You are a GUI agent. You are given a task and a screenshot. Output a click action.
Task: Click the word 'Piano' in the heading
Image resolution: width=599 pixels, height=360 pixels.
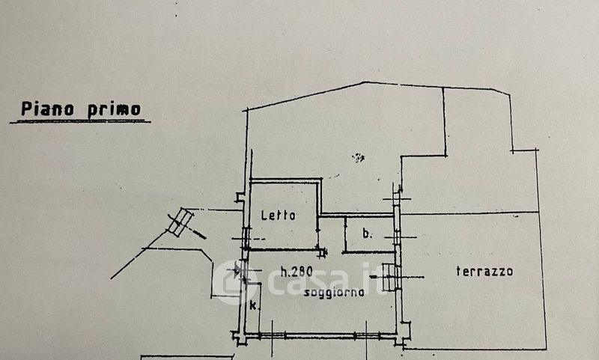(x=46, y=109)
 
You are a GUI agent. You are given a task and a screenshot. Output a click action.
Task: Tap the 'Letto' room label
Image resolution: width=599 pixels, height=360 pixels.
(x=279, y=216)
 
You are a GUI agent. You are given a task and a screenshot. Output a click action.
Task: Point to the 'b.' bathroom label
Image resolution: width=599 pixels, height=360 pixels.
(x=367, y=234)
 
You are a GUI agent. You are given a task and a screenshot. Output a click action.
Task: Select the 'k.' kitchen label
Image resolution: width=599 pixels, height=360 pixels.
(x=254, y=305)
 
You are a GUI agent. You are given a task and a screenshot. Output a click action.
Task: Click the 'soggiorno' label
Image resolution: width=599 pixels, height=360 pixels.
(x=334, y=293)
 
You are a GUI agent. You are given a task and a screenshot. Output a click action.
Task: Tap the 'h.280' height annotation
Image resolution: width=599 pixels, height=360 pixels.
(x=297, y=270)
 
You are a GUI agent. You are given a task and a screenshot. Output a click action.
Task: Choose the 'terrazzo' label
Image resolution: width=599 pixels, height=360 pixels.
(x=484, y=271)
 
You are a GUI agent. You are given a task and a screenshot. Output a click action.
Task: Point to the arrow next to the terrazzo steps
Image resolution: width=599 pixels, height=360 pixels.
(x=412, y=277)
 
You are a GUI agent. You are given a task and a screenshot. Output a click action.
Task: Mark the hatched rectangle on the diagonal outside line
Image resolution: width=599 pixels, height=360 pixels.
(x=180, y=222)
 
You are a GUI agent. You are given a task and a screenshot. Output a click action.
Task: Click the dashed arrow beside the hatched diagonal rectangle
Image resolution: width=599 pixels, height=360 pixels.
(x=199, y=234)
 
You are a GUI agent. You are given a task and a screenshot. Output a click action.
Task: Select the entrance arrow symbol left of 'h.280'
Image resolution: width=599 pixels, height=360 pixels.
(x=238, y=270)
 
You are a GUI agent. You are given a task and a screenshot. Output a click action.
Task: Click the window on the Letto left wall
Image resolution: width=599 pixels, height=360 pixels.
(x=246, y=238)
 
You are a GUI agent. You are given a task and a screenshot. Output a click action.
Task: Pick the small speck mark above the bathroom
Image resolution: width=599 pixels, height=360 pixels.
(x=359, y=157)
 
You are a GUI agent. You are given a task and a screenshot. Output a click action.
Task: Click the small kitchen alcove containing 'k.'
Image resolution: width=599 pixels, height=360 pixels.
(x=253, y=311)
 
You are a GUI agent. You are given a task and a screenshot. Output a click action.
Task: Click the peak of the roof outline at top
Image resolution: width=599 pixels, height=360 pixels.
(x=365, y=82)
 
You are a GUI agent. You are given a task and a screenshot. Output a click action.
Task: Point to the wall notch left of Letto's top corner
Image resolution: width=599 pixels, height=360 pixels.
(x=240, y=198)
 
